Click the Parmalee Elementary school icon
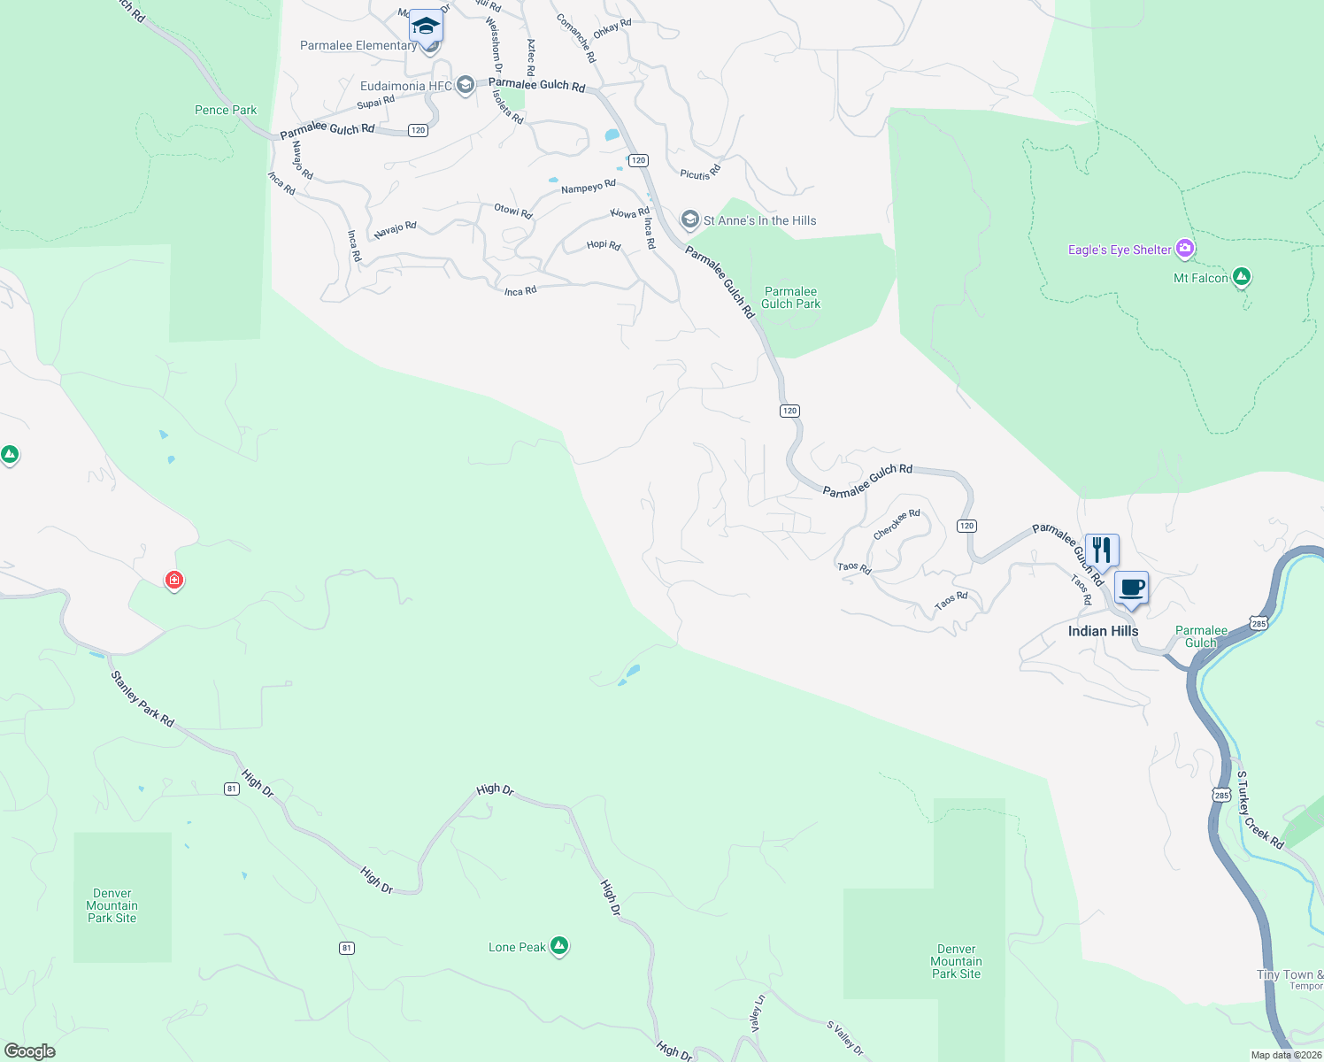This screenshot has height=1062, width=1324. point(426,26)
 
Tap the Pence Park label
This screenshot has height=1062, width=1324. point(226,110)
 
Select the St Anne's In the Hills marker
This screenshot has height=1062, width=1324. point(690,219)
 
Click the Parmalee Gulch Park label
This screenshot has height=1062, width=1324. point(790,297)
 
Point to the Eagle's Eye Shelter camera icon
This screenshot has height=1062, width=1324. point(1185,249)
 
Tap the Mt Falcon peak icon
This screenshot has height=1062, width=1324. point(1242,277)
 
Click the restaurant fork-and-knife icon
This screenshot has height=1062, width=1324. point(1102,550)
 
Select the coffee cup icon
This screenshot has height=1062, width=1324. point(1131,587)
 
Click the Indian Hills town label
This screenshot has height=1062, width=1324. point(1103,631)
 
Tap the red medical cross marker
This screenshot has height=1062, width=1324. point(174,580)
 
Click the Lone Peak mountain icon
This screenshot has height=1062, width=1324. point(558,946)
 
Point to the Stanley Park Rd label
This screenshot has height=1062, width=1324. point(142,699)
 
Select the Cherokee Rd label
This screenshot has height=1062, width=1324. point(897,525)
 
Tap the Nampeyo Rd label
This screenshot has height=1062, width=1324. point(589,187)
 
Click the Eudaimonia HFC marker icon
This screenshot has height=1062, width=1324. point(466,86)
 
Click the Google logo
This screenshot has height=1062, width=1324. point(29,1051)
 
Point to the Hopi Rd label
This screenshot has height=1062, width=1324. point(604,245)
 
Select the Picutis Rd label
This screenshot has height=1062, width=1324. point(701,172)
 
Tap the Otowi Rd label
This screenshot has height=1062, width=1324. point(513,212)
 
